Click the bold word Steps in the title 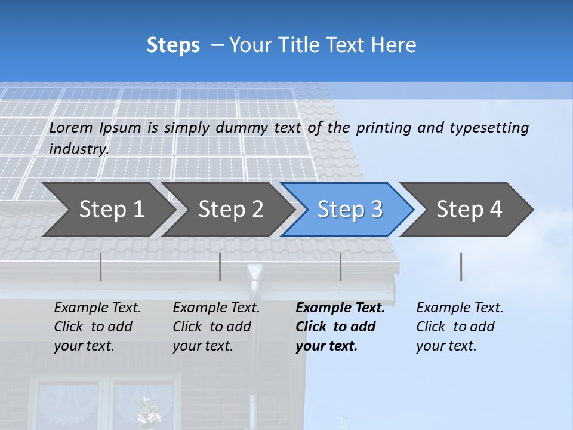point(173,45)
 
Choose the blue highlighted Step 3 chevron point(350,210)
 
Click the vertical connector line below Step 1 point(101,266)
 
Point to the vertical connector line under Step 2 point(220,266)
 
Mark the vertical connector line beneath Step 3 point(341,266)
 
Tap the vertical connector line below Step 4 point(461,266)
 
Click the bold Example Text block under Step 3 point(340,327)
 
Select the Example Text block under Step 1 point(97,327)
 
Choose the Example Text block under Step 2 point(216,327)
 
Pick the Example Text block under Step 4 point(460,327)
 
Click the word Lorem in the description point(71,128)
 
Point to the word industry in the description point(79,149)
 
